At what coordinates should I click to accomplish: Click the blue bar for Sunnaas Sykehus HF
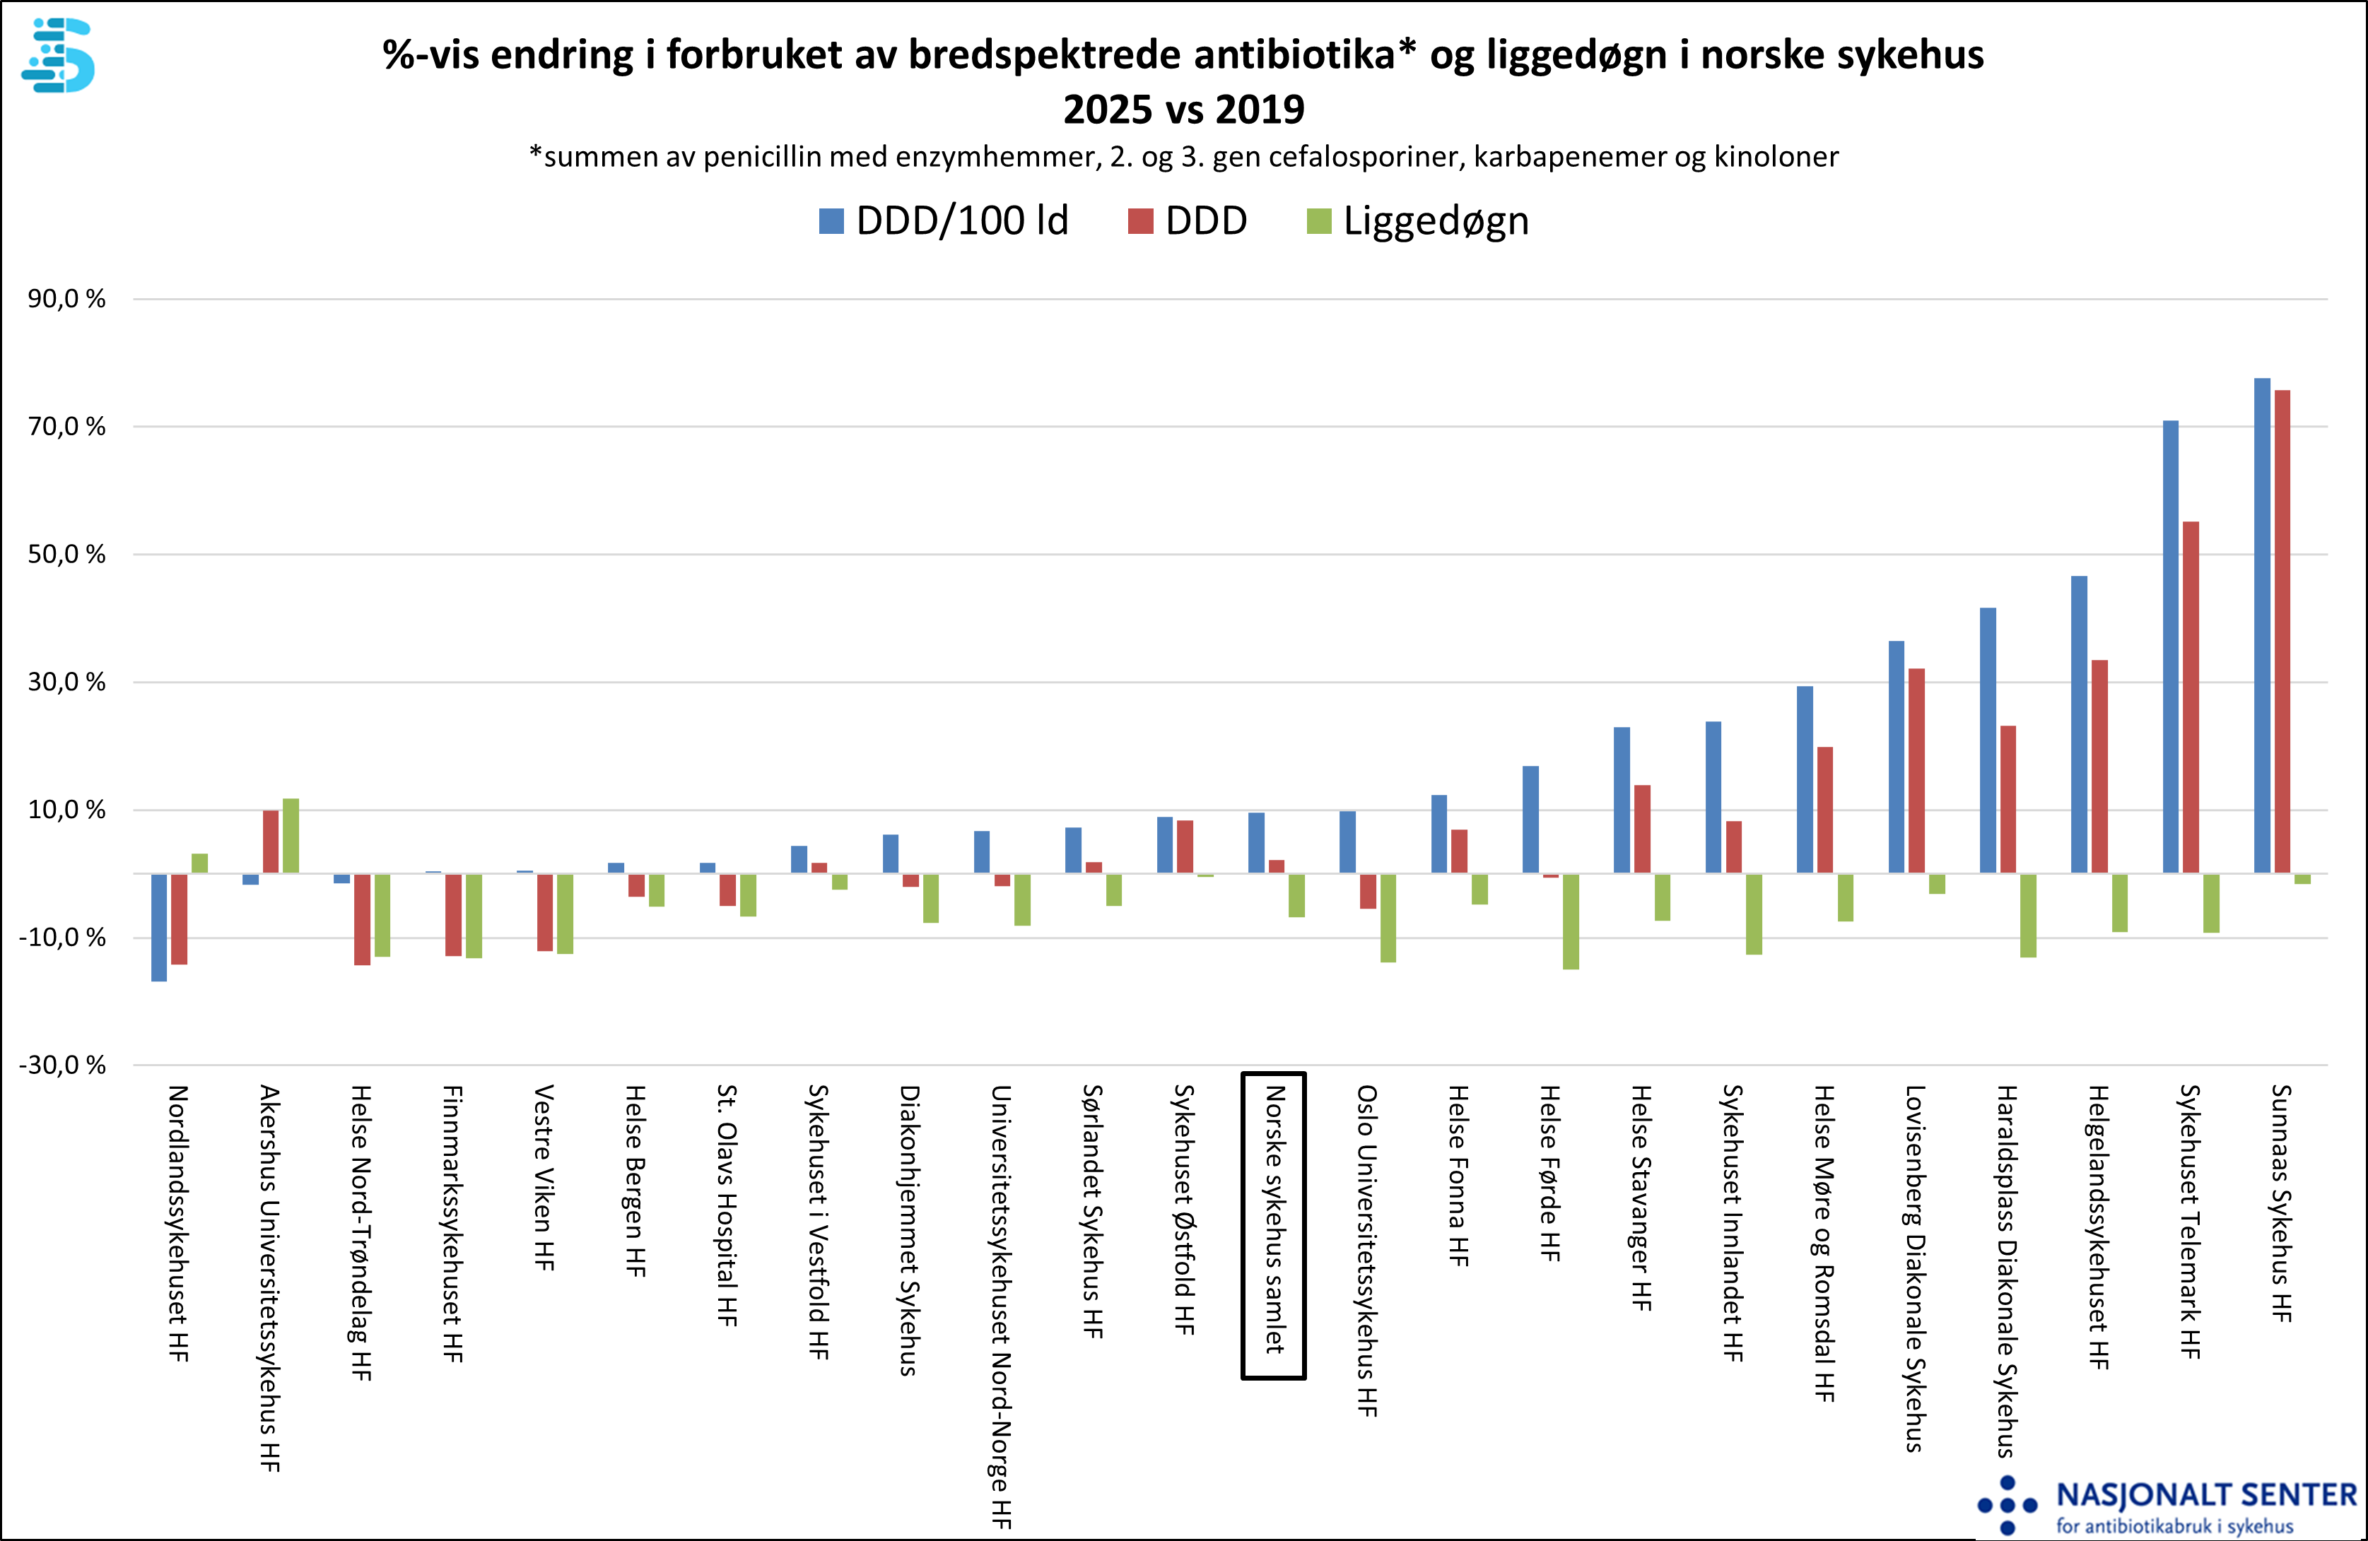tap(2261, 626)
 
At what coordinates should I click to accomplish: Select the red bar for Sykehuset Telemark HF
tap(2190, 697)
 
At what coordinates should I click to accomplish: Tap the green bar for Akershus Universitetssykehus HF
tap(291, 836)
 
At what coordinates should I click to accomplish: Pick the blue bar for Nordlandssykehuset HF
tap(159, 927)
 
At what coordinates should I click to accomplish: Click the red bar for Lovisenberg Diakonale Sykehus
tap(1916, 771)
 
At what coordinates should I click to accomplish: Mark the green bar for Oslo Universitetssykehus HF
tap(1388, 917)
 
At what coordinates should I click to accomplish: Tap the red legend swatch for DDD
tap(1140, 221)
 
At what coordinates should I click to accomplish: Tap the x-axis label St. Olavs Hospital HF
tap(727, 1205)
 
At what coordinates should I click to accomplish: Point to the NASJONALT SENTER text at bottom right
tap(2206, 1495)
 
